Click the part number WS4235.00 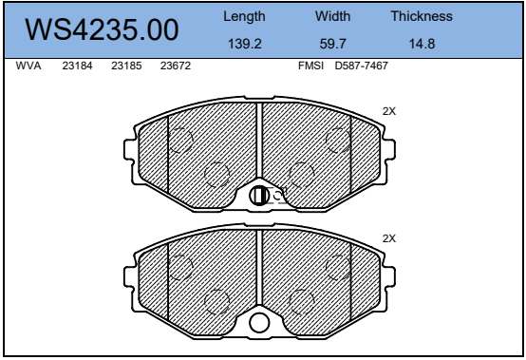102,29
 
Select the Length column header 244,16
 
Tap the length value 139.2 245,44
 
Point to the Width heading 332,16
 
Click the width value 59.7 332,44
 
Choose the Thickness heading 422,16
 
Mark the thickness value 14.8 422,44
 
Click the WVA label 28,66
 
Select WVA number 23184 77,66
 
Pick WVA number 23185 126,66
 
